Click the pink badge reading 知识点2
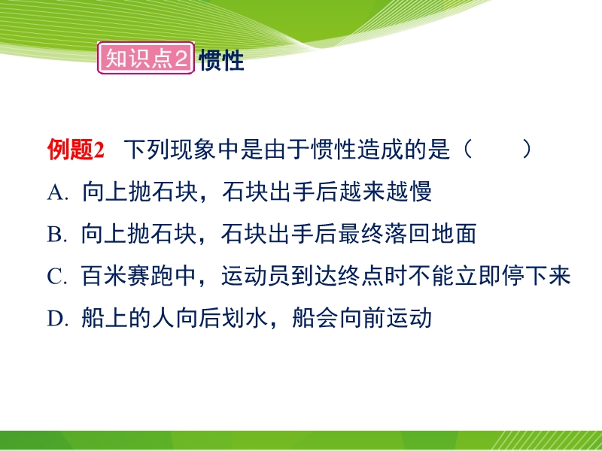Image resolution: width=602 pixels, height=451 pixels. [146, 58]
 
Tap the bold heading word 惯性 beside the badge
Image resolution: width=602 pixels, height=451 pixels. [221, 60]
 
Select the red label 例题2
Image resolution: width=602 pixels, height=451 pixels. [76, 149]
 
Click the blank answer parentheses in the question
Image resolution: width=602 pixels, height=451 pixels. [497, 149]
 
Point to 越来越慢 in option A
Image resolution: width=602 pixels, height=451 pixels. [385, 192]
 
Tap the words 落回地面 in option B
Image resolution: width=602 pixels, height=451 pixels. [430, 234]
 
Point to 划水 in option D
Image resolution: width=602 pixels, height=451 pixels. [244, 318]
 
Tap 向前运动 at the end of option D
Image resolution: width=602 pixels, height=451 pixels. [385, 318]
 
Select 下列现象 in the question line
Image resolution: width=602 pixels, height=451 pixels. [171, 149]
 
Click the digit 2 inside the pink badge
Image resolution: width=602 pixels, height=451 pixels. [181, 59]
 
